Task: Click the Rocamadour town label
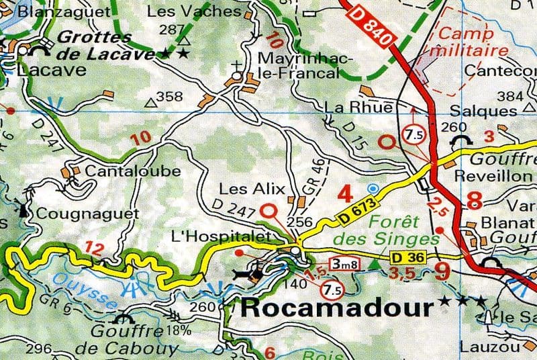pyautogui.click(x=336, y=308)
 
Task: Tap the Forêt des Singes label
pyautogui.click(x=377, y=230)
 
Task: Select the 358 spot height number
pyautogui.click(x=169, y=97)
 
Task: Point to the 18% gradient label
pyautogui.click(x=180, y=330)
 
